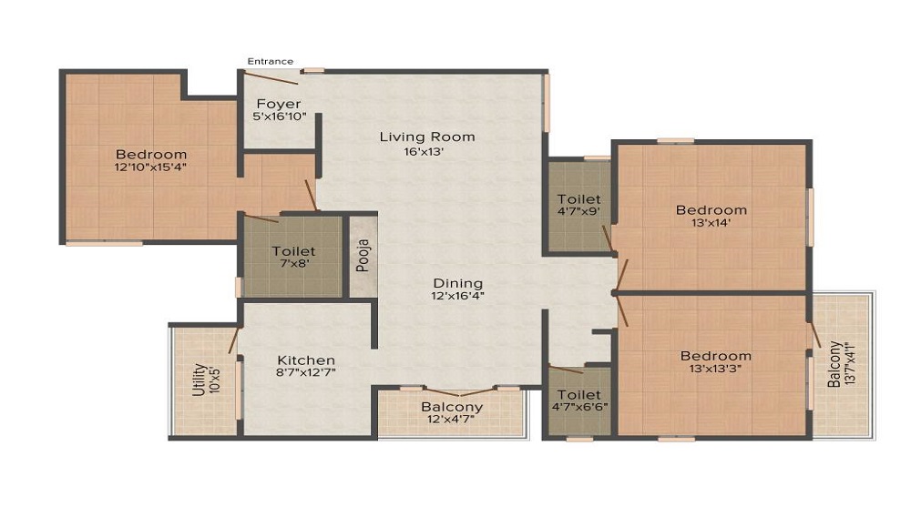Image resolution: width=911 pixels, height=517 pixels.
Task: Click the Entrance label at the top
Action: [x=271, y=61]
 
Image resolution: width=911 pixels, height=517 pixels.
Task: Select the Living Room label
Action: [x=427, y=137]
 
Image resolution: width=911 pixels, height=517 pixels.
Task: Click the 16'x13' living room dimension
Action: [x=427, y=151]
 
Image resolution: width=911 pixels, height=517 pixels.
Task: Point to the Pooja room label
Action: [x=363, y=255]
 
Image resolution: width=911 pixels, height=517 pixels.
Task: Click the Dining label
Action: [x=457, y=283]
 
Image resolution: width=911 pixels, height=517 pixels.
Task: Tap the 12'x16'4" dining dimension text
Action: [x=457, y=296]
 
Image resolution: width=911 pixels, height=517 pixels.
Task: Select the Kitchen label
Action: [x=306, y=360]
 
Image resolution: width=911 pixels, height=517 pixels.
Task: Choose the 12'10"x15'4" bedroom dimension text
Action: [x=151, y=168]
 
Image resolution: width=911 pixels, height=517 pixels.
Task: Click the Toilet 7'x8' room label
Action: [x=293, y=251]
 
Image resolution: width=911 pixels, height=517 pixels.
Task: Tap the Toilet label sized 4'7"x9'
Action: [x=578, y=199]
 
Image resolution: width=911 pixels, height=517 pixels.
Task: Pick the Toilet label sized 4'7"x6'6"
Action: [x=578, y=395]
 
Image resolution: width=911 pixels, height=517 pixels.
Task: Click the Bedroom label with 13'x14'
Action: [x=711, y=210]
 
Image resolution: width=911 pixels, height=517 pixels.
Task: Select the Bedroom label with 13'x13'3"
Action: [x=715, y=356]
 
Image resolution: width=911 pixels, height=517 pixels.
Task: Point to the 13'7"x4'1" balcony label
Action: [x=842, y=364]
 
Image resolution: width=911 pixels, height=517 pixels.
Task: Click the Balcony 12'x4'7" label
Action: [x=451, y=407]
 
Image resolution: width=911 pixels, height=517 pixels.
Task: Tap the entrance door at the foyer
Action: [x=272, y=78]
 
